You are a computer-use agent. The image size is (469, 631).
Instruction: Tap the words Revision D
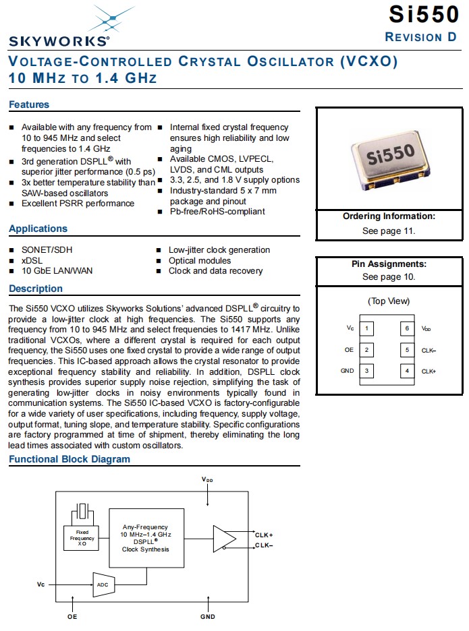click(x=420, y=37)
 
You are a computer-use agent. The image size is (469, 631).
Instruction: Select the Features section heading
click(x=29, y=104)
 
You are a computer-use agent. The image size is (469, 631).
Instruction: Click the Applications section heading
click(x=38, y=229)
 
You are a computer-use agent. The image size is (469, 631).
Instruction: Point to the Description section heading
click(x=36, y=289)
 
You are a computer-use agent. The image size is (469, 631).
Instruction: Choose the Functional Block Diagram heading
click(x=70, y=459)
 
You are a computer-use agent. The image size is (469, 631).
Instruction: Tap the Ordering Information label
click(x=389, y=216)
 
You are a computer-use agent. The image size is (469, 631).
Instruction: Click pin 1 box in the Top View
click(x=366, y=328)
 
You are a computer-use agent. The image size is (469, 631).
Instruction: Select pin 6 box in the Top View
click(x=407, y=328)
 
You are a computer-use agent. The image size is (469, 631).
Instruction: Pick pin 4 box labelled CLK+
click(x=407, y=371)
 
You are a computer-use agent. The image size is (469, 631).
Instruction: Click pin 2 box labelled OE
click(x=366, y=350)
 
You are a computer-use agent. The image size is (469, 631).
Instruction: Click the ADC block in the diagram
click(x=102, y=584)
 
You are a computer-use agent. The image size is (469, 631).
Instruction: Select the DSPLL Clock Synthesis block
click(x=145, y=538)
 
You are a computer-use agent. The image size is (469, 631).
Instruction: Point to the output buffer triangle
click(x=224, y=538)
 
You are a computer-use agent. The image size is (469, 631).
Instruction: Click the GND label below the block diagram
click(x=208, y=617)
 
